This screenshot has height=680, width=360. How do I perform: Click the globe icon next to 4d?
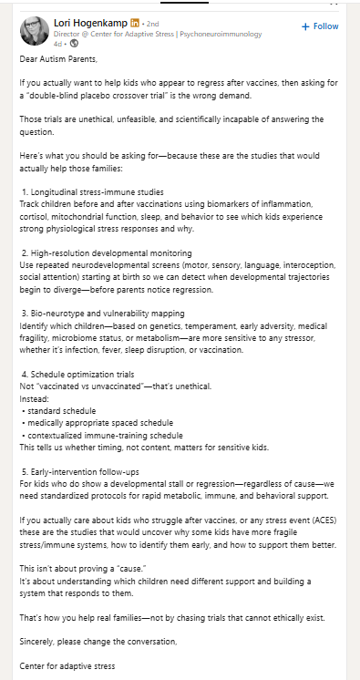tap(75, 43)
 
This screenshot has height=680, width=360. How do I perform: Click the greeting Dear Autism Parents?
tap(56, 59)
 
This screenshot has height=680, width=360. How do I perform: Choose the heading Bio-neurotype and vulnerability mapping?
tap(109, 312)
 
